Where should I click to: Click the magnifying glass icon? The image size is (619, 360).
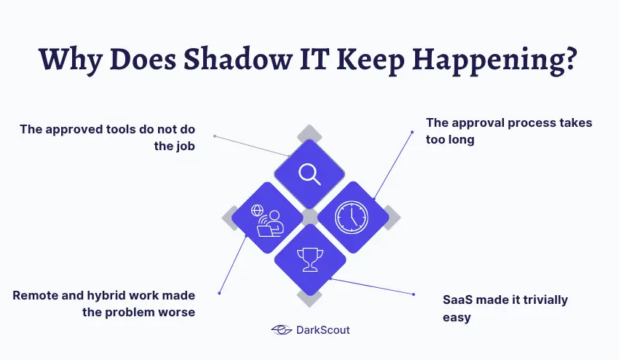tap(309, 173)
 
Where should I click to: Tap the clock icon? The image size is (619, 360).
tap(352, 217)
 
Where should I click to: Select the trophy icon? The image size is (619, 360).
tap(309, 259)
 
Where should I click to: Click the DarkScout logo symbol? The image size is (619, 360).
tap(281, 330)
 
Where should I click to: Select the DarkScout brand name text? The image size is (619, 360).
tap(323, 330)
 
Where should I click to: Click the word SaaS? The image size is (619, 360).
tap(458, 300)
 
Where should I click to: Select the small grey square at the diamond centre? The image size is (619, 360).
tap(309, 217)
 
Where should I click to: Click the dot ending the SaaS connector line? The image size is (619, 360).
tap(414, 294)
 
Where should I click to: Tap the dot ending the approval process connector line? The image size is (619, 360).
tap(412, 132)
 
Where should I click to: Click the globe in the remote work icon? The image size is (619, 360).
tap(257, 211)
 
